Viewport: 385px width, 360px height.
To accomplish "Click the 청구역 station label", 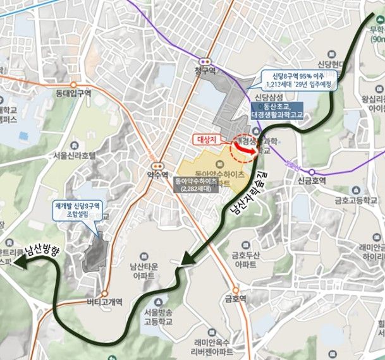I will (x=205, y=71).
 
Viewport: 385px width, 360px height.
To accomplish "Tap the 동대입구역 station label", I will (x=74, y=93).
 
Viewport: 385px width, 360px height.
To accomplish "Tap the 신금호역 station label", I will (x=312, y=180).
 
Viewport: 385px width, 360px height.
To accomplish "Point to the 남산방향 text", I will (x=41, y=251).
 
